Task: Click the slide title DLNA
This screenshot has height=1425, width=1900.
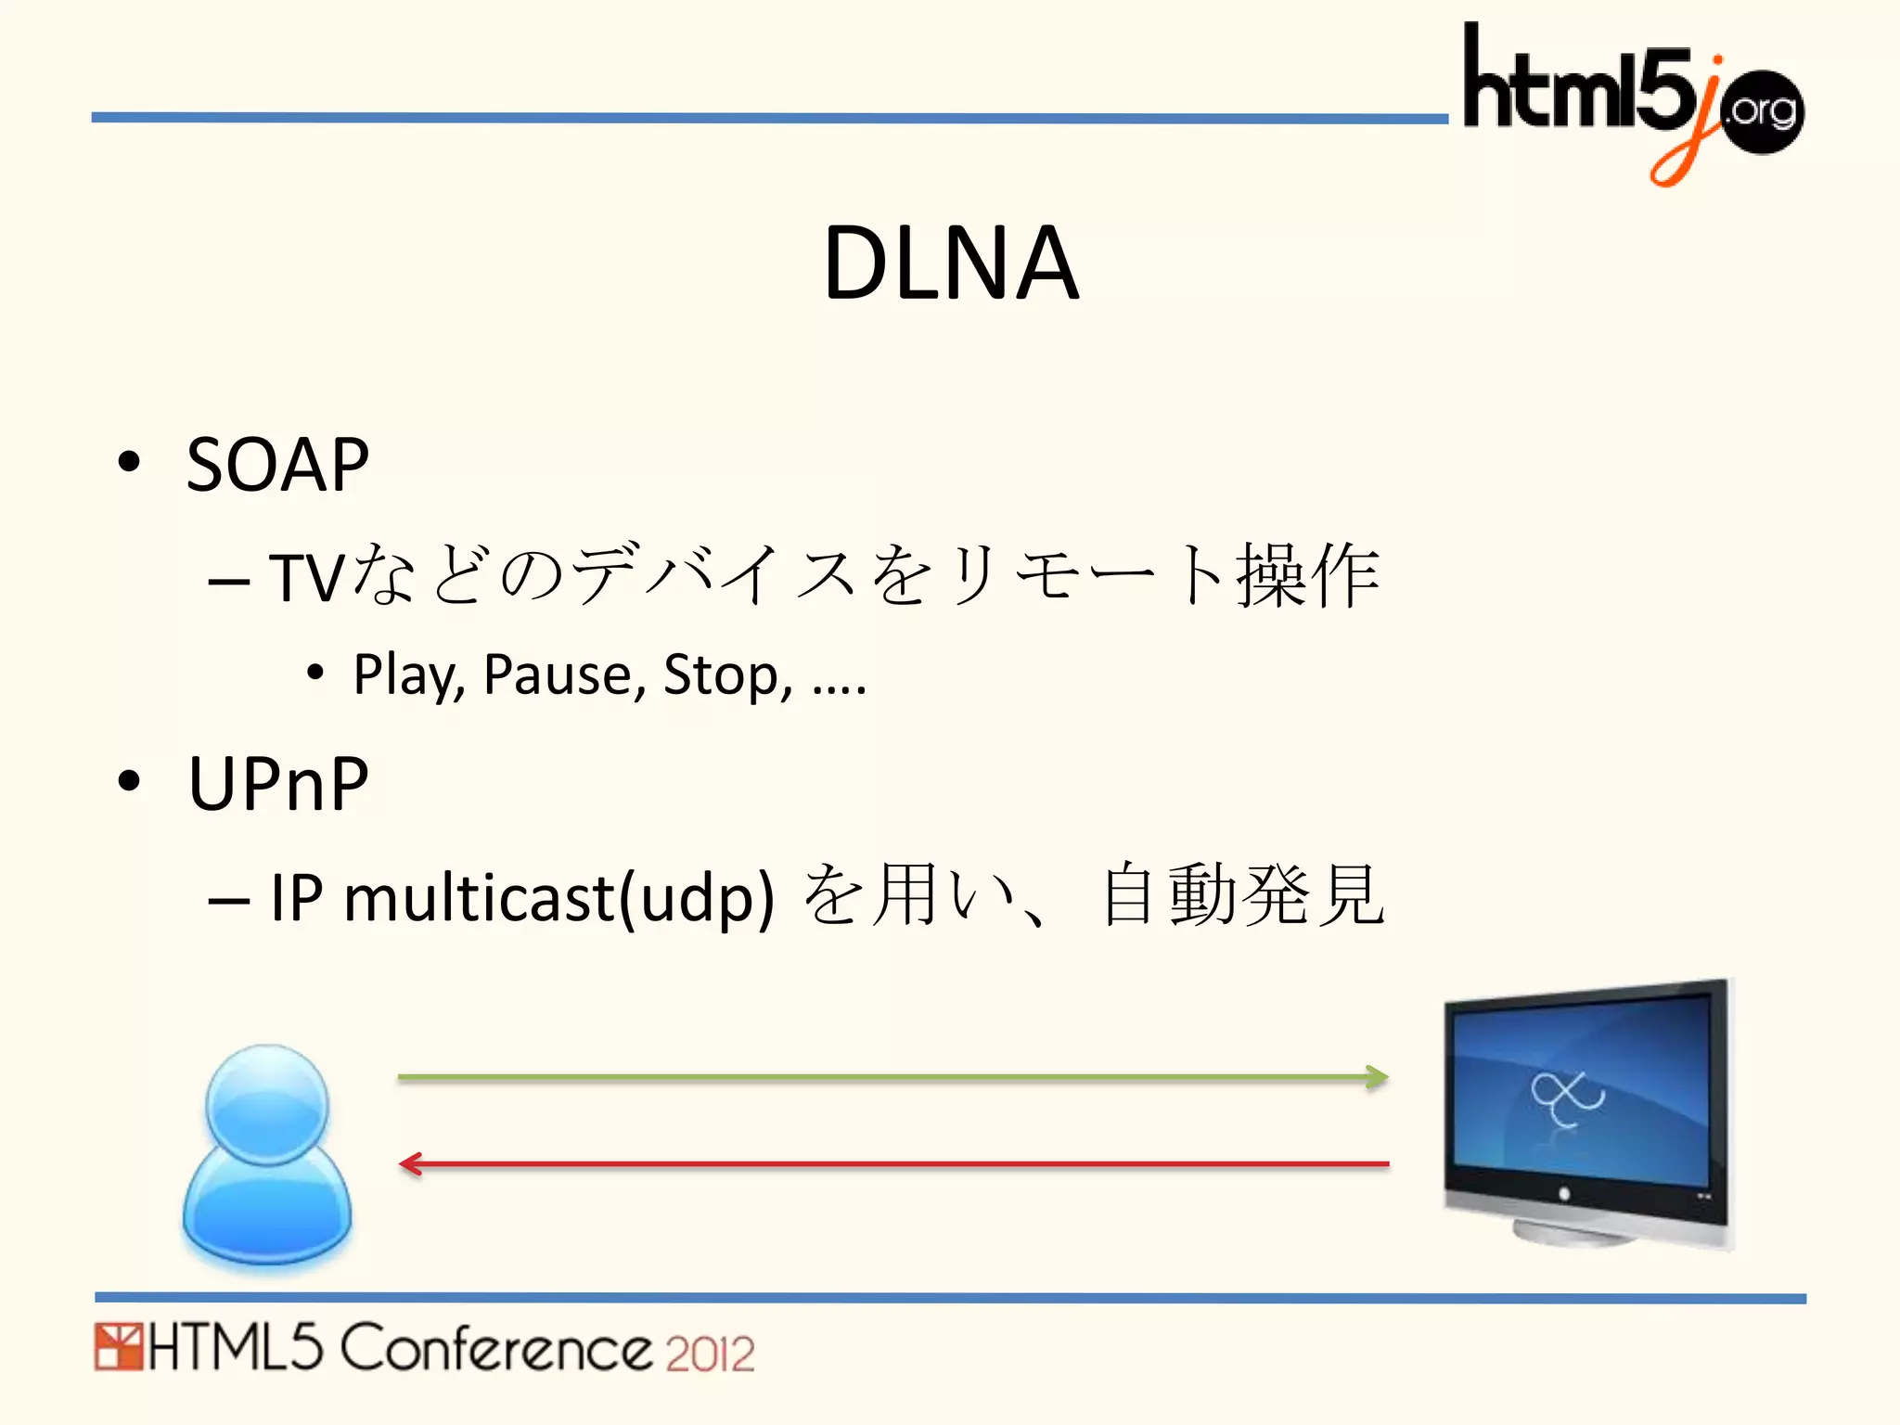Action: [x=951, y=264]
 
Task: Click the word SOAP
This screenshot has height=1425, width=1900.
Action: [x=277, y=465]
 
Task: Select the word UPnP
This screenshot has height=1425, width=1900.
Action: [x=278, y=784]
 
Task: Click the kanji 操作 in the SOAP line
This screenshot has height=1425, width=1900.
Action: [x=1308, y=576]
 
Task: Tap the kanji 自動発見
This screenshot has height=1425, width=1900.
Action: [x=1243, y=895]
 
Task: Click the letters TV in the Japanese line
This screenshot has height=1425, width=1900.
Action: [x=307, y=578]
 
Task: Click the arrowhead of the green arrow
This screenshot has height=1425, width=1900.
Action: [x=1379, y=1077]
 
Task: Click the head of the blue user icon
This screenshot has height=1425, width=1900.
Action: [x=267, y=1104]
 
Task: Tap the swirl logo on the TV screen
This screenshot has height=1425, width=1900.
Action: [x=1566, y=1098]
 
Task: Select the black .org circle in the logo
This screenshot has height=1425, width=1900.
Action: [x=1763, y=111]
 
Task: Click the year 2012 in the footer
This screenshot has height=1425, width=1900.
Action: [x=710, y=1354]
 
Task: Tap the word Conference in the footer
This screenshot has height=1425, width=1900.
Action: [x=496, y=1349]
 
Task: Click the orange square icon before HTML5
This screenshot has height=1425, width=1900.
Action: [x=118, y=1348]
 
